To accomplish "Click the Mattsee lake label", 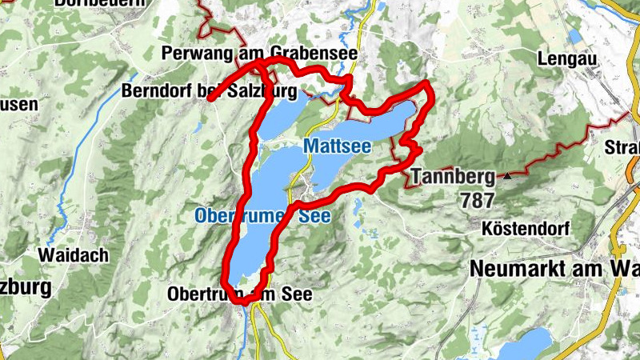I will point(337,146).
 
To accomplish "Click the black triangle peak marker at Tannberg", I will point(506,174).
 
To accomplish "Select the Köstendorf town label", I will point(526,229).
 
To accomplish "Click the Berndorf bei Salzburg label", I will point(209,91).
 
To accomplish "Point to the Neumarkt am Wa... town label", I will point(554,269).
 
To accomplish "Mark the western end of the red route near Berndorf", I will point(210,99).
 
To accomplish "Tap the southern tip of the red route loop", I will point(232,284).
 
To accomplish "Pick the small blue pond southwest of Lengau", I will point(574,36).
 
